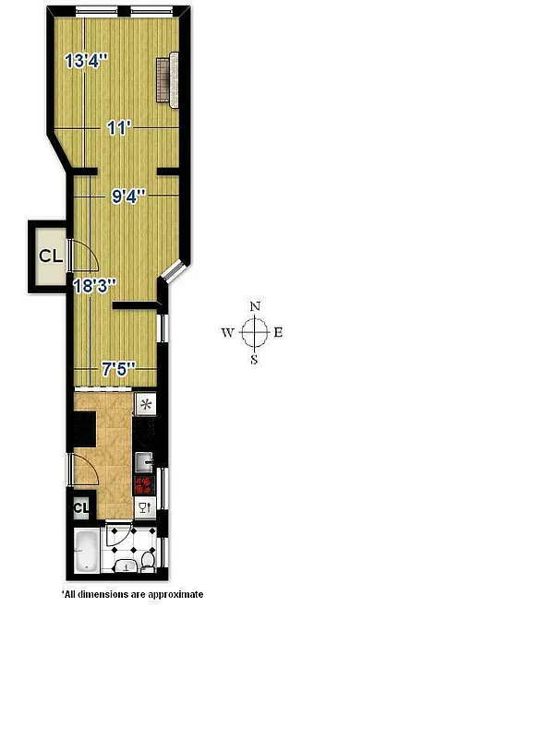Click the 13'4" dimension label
coord(86,62)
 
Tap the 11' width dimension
coord(116,129)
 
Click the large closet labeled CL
coord(49,256)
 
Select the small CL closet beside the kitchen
coord(79,506)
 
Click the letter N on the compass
coord(256,307)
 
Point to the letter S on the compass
coord(255,360)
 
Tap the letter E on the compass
coord(278,333)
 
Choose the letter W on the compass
coord(227,333)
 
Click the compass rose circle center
coord(255,332)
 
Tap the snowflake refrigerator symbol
coord(145,405)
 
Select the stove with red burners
coord(144,485)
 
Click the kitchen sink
coord(145,459)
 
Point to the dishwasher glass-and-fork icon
coord(144,507)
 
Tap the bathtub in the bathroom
coord(85,552)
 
